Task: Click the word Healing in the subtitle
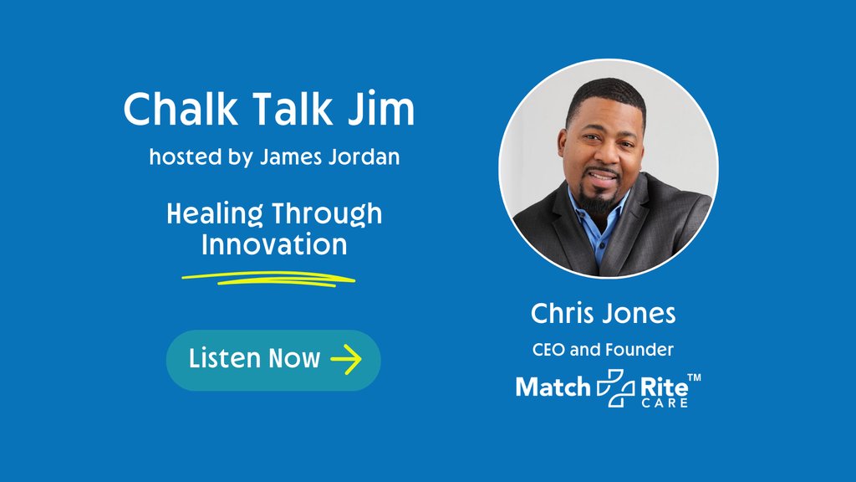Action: [214, 214]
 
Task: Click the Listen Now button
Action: [273, 360]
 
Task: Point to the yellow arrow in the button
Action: [346, 360]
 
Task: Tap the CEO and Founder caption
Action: [604, 349]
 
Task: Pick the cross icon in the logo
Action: [614, 387]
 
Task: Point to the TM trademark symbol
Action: [694, 379]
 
